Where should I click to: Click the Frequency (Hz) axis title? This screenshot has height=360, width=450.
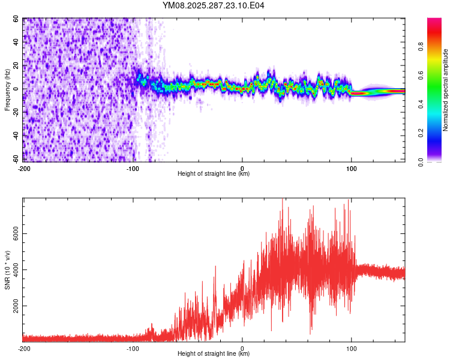pos(7,89)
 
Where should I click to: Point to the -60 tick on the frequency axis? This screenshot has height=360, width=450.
pos(16,159)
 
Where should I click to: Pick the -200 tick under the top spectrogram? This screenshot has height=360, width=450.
pos(24,168)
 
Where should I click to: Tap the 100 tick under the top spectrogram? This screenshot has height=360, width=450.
pos(351,168)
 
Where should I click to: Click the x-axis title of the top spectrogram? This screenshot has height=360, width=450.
pos(214,174)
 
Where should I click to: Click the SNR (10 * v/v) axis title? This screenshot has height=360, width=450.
pos(7,270)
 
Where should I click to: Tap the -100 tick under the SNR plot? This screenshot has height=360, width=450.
pos(133,348)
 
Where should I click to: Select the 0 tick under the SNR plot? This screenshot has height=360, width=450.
pos(242,348)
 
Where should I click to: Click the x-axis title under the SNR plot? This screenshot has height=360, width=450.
pos(214,354)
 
